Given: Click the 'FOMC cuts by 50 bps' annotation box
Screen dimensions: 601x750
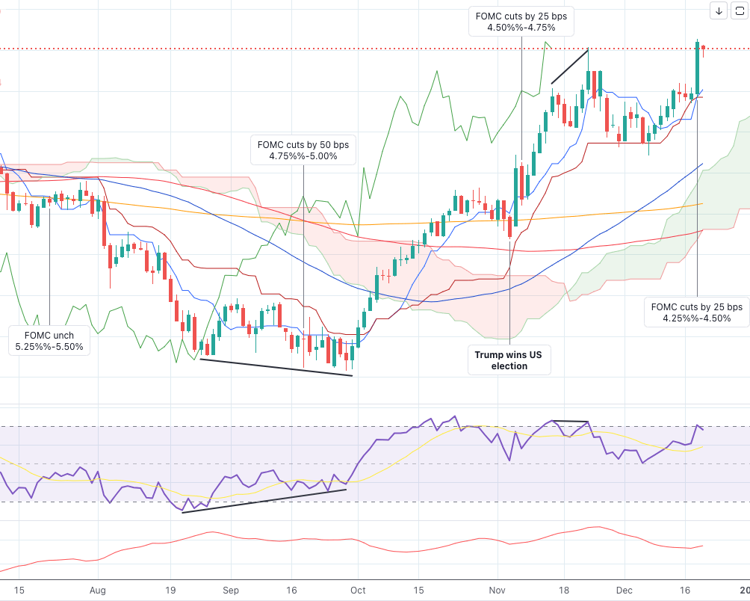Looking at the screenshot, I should (303, 150).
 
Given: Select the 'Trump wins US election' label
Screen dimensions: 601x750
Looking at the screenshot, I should (509, 360).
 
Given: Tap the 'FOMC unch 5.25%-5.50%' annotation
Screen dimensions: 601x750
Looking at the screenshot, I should (49, 341).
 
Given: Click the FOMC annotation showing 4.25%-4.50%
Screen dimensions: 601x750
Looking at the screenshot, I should (697, 312).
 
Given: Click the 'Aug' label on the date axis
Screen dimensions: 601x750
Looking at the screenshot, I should (98, 590).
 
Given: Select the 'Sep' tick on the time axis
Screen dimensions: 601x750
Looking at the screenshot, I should (231, 590).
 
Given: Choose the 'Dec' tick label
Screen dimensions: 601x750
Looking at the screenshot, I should (624, 590).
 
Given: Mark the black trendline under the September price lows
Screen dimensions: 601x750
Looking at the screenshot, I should (276, 368).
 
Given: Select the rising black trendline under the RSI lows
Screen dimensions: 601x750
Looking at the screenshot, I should (264, 501).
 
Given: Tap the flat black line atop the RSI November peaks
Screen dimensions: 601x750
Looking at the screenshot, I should (570, 422).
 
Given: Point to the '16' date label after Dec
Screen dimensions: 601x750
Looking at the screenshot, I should (687, 590).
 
